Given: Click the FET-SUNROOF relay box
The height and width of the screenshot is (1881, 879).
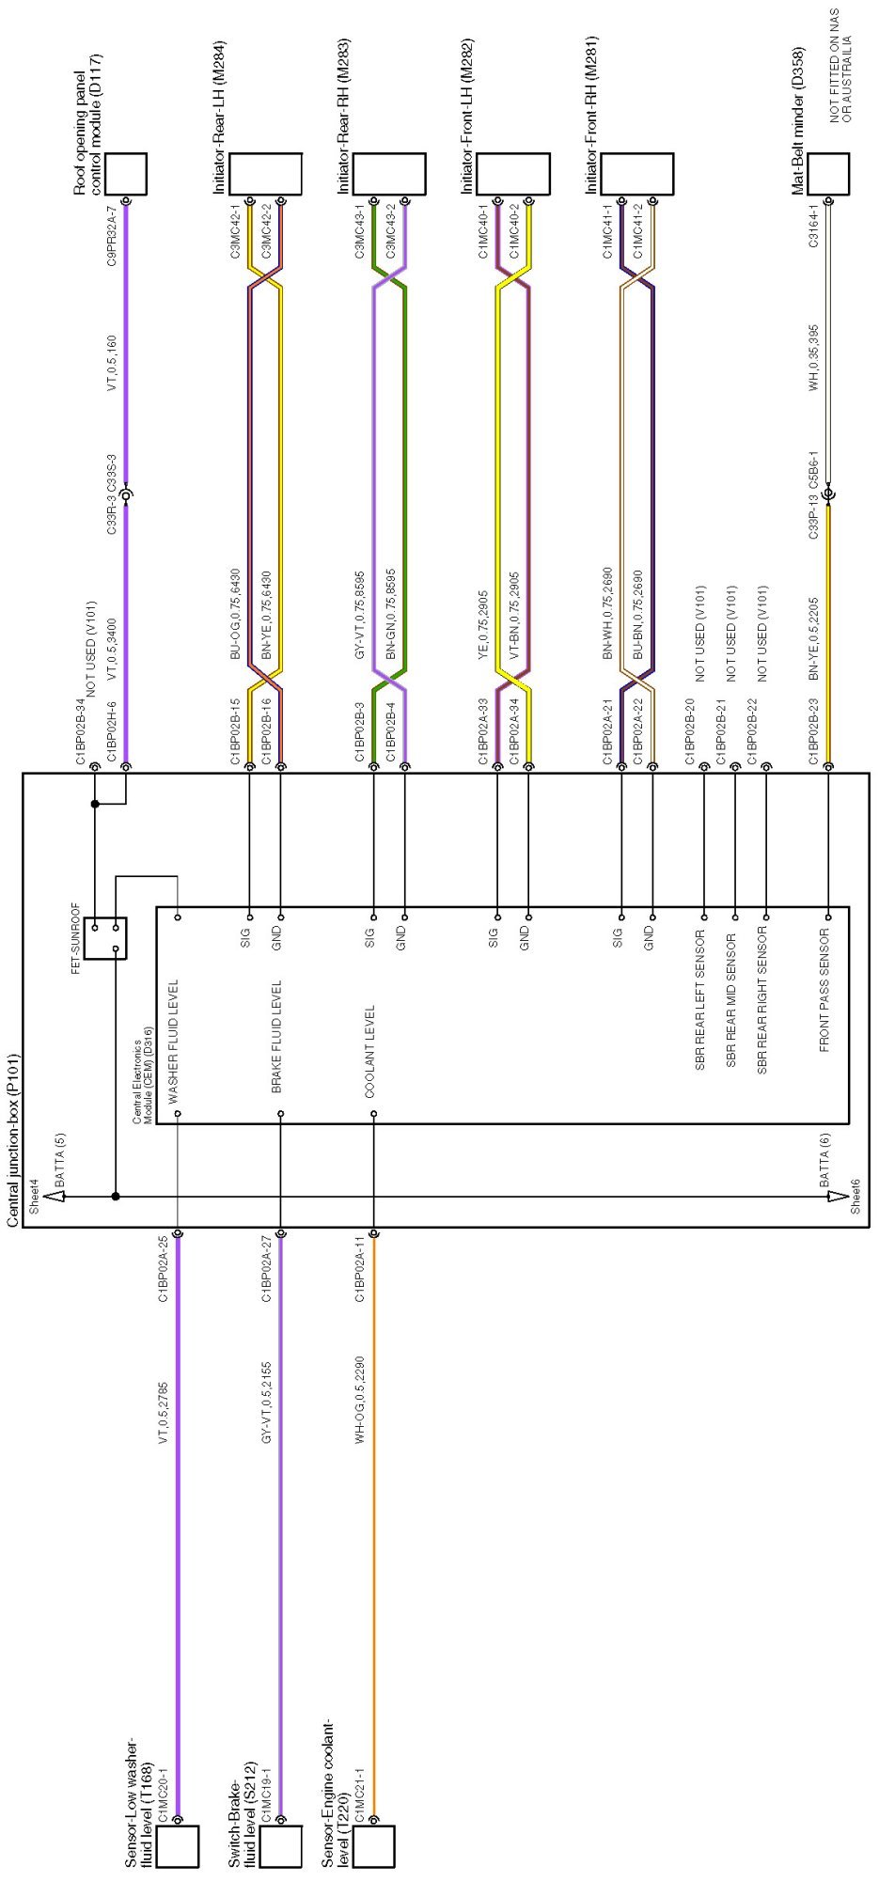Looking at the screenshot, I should click(x=105, y=937).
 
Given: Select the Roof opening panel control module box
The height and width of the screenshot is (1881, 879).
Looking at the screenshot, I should click(x=125, y=174).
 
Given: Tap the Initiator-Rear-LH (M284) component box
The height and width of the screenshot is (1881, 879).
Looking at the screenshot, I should click(x=265, y=174).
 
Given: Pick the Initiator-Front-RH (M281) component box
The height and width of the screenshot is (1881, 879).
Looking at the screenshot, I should click(x=636, y=174).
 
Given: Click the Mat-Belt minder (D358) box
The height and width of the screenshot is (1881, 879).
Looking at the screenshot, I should click(x=828, y=174).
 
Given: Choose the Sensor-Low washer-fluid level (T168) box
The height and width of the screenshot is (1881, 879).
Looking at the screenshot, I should click(x=177, y=1845).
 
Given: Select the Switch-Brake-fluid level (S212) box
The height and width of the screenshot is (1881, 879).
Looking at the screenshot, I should click(x=280, y=1845).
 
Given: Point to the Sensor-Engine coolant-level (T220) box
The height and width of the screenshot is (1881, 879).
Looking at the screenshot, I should click(x=373, y=1845).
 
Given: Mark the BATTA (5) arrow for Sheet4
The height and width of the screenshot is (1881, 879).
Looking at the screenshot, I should click(x=55, y=1196).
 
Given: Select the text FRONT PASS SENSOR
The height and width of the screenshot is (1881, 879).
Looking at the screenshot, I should click(x=824, y=990).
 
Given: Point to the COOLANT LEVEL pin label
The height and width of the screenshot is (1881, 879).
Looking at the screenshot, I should click(x=369, y=1051).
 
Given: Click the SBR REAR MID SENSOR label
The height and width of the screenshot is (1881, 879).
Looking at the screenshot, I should click(x=730, y=999).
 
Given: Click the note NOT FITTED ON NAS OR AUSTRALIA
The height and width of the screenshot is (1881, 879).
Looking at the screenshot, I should click(x=840, y=66).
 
